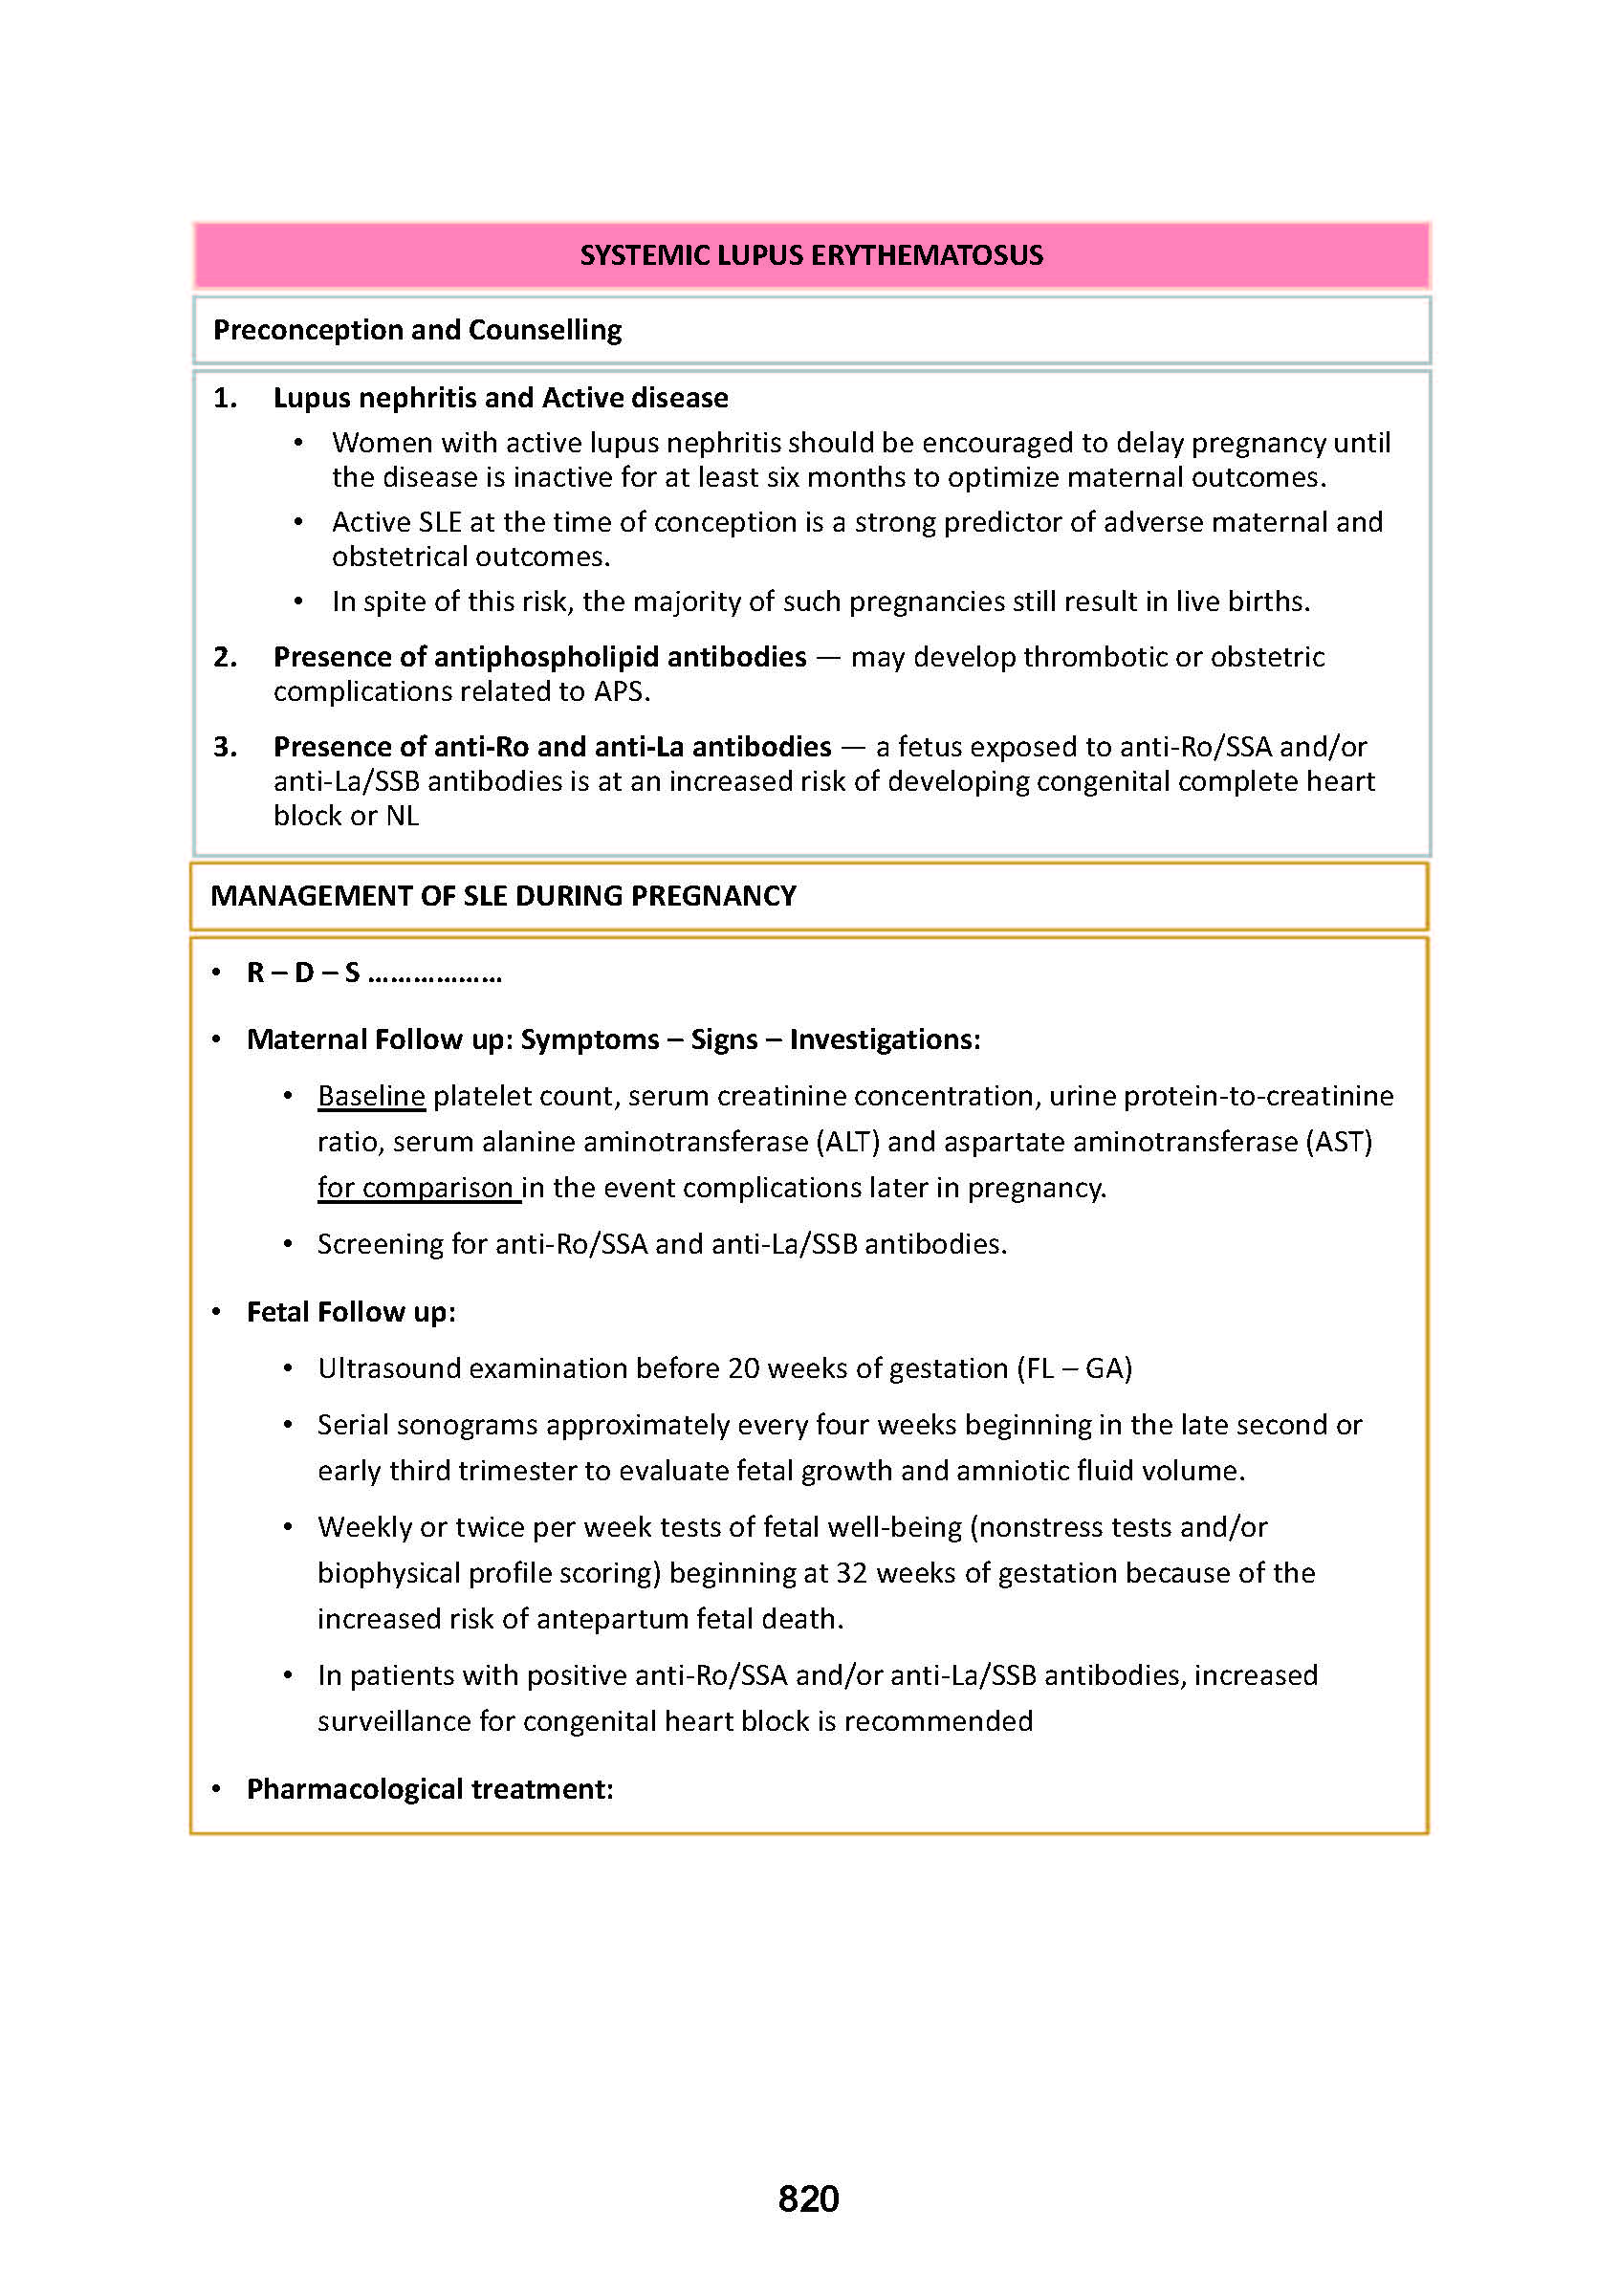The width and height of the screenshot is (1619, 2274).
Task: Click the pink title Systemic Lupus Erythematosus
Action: tap(811, 256)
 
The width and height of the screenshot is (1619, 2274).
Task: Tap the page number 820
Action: tap(808, 2197)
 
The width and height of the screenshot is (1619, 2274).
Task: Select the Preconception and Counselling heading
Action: tap(417, 330)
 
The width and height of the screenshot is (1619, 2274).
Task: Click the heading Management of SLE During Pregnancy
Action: tap(502, 895)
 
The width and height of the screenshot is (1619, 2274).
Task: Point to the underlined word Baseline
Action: tap(371, 1096)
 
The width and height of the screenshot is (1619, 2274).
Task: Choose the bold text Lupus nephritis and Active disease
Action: tap(500, 398)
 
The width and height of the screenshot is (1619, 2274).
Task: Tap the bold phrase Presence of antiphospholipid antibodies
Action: tap(539, 657)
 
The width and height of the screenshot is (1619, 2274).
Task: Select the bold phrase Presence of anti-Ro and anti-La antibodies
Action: tap(553, 747)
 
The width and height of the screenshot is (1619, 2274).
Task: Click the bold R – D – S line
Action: tap(373, 973)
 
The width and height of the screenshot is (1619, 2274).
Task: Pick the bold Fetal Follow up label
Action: tap(351, 1312)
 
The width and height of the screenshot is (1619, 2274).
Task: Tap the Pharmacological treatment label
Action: tap(429, 1788)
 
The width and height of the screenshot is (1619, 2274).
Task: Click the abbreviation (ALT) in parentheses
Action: tap(847, 1142)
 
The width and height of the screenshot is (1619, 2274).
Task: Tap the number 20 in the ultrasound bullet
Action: tap(744, 1367)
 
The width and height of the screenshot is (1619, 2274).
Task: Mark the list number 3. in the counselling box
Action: tap(226, 747)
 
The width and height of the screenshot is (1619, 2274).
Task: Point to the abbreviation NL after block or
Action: tap(402, 816)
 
